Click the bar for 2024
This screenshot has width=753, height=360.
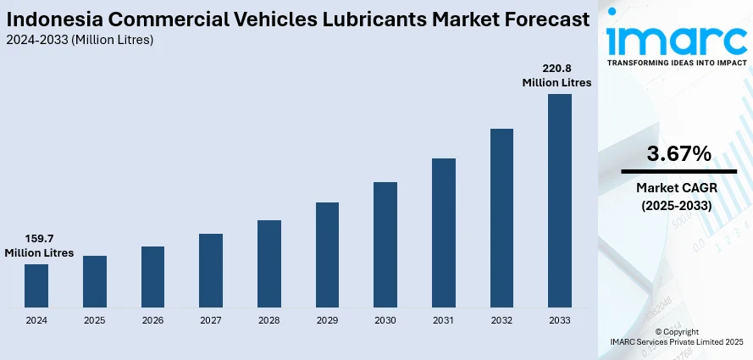click(36, 285)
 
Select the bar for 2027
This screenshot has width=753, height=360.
click(211, 270)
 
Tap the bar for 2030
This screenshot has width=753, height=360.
click(385, 244)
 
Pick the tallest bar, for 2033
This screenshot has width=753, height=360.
click(559, 200)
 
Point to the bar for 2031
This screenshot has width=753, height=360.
click(443, 232)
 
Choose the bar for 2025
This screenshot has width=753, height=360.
click(95, 281)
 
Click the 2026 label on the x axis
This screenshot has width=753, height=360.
click(152, 320)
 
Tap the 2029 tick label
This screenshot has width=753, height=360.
click(327, 320)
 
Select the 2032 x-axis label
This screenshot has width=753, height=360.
click(501, 320)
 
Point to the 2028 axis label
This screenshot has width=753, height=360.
click(269, 320)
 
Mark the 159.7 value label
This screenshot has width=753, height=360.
click(39, 239)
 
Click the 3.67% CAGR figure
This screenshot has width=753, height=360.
click(678, 153)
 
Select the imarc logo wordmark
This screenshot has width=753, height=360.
click(675, 37)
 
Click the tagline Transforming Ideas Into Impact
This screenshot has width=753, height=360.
click(675, 62)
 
